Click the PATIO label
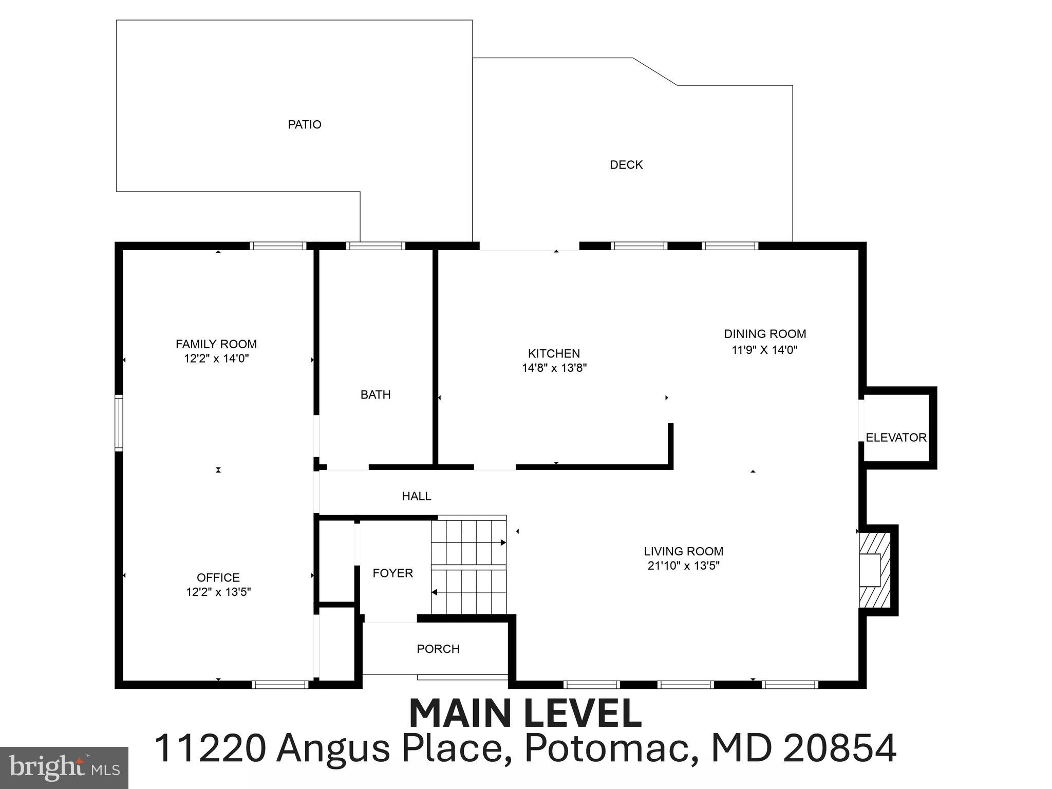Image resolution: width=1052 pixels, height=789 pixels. (x=304, y=124)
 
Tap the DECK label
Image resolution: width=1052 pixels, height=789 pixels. (x=626, y=165)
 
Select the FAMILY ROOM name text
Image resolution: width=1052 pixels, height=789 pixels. (x=216, y=344)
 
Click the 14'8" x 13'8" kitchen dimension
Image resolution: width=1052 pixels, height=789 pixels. (x=554, y=368)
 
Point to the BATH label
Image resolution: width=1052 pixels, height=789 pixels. (x=375, y=394)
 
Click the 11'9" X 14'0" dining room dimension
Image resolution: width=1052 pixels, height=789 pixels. (x=764, y=350)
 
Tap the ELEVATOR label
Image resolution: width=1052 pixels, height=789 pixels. (x=896, y=438)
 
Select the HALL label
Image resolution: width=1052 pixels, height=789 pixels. (x=416, y=496)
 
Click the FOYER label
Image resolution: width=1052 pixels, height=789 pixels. (x=392, y=573)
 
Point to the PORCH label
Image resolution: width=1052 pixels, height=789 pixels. (x=438, y=649)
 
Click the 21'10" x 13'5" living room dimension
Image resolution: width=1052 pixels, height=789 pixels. (x=683, y=566)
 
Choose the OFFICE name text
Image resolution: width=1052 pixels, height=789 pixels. (x=218, y=577)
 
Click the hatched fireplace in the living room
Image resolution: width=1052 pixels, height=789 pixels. (x=874, y=570)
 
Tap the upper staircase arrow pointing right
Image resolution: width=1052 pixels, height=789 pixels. (x=503, y=542)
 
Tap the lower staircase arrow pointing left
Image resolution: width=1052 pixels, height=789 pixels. (x=434, y=592)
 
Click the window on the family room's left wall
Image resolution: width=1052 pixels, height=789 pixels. (x=119, y=423)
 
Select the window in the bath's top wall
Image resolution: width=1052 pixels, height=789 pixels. (x=375, y=246)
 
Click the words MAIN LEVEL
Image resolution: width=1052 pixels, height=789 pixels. (x=525, y=714)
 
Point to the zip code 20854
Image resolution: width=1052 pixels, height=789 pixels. (x=840, y=748)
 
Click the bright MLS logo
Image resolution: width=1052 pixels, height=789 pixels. (x=64, y=767)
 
